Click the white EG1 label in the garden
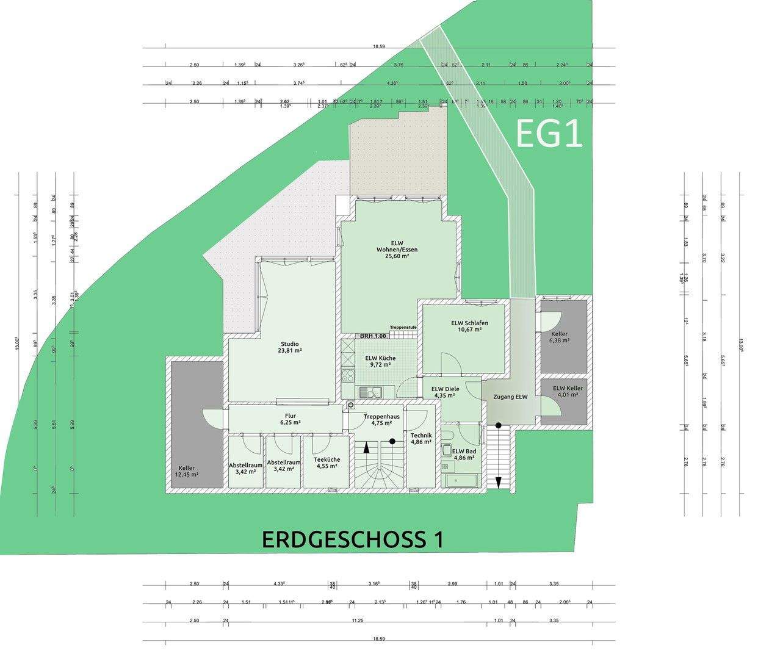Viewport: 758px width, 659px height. [x=549, y=134]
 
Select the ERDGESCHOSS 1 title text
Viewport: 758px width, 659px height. [x=352, y=539]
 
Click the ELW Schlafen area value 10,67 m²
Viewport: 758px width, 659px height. [x=469, y=329]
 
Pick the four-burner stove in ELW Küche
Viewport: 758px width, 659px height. [x=348, y=376]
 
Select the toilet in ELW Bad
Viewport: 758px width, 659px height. [x=447, y=434]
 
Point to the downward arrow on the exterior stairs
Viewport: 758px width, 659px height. [x=499, y=481]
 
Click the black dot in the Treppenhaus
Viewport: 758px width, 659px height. [x=392, y=441]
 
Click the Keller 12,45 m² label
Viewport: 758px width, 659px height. [x=187, y=470]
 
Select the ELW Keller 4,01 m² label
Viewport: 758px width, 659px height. [x=568, y=391]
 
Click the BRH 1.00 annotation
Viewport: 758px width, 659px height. [x=373, y=336]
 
